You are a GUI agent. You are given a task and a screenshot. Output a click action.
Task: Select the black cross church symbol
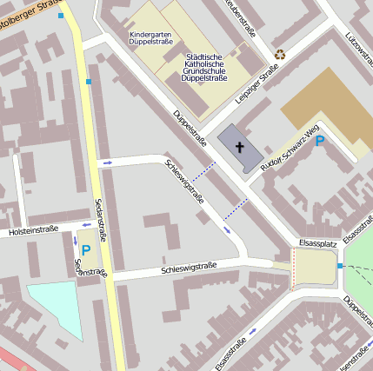(239, 148)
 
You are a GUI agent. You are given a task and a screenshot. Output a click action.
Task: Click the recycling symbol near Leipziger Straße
(280, 54)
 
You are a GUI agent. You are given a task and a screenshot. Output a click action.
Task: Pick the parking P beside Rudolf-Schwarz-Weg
(319, 141)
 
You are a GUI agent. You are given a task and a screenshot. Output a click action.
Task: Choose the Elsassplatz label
(317, 244)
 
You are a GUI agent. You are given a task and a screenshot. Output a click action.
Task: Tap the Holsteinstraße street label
(33, 230)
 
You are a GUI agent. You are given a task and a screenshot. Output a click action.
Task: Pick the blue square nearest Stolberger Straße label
(60, 16)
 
